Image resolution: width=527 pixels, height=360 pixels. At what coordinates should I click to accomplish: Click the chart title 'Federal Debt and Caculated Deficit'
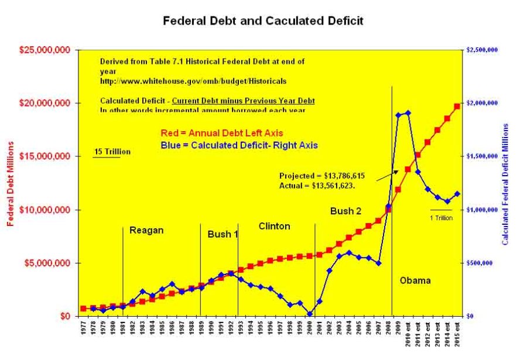click(x=263, y=21)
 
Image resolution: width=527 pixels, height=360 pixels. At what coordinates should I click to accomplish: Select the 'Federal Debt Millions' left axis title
click(x=10, y=183)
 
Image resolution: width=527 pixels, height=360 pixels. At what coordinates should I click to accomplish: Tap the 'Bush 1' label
click(x=223, y=234)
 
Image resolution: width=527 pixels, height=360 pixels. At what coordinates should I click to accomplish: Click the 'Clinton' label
click(x=274, y=226)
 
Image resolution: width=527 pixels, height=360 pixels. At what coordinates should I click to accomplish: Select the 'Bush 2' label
click(x=345, y=211)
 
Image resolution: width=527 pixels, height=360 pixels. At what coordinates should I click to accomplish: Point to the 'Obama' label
click(x=415, y=280)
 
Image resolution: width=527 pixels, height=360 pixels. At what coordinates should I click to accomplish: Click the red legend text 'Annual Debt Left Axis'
click(x=221, y=133)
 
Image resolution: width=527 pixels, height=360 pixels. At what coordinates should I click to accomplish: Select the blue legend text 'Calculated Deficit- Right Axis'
click(x=239, y=145)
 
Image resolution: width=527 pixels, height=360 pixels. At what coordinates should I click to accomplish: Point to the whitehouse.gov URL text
click(x=193, y=80)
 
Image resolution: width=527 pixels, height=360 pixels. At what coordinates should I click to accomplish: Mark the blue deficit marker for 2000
click(x=310, y=314)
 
